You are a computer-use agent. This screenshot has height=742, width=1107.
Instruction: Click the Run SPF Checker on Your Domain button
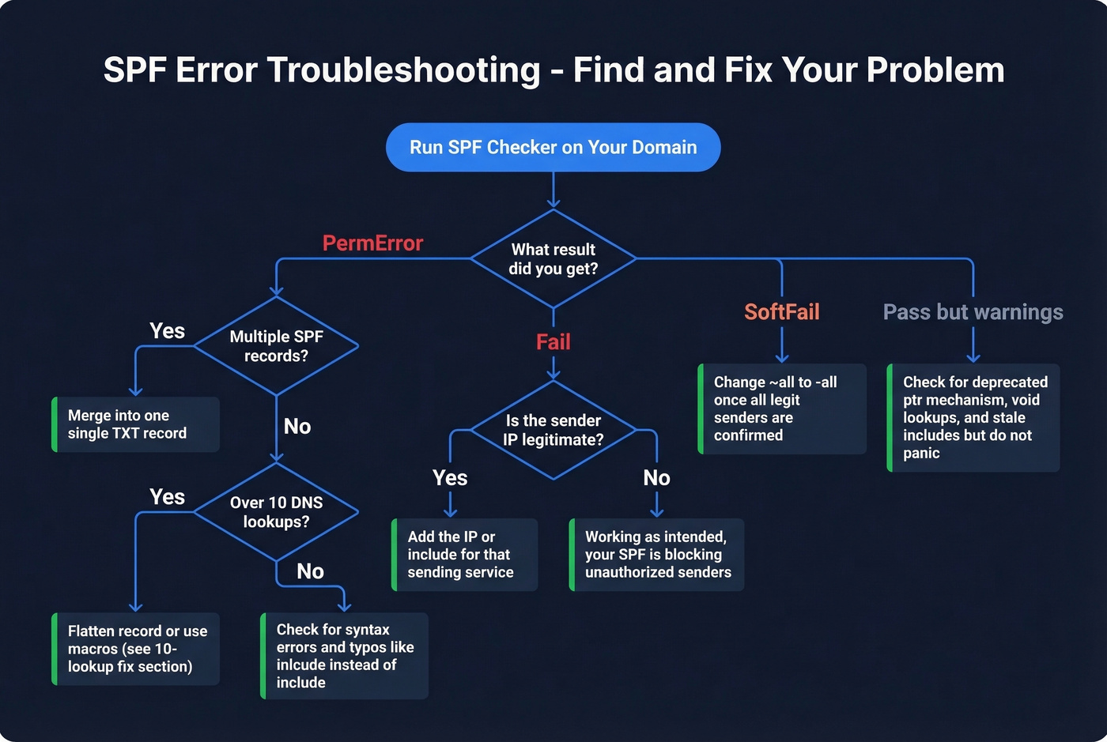point(553,148)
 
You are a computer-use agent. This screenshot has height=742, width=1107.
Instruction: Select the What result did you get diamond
point(553,259)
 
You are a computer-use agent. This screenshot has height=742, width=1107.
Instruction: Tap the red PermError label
point(372,243)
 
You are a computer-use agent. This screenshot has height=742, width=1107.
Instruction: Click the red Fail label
point(553,342)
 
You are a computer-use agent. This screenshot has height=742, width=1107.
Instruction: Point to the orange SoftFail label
point(781,312)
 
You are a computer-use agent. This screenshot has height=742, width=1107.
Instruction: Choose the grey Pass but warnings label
point(973,312)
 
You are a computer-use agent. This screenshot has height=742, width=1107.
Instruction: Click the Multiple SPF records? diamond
point(276,346)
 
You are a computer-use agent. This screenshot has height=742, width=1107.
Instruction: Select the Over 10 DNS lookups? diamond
point(276,512)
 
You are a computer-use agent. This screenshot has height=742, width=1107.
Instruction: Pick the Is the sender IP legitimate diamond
point(553,431)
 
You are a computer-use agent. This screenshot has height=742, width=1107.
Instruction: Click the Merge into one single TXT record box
point(135,424)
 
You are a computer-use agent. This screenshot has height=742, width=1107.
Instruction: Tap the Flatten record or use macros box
point(135,649)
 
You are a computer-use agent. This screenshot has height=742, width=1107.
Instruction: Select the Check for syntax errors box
point(345,656)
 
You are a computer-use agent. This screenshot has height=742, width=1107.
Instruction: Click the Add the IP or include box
point(465,555)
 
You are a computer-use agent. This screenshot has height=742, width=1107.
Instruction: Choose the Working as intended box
point(657,555)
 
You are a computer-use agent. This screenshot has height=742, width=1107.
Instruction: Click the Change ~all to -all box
point(782,409)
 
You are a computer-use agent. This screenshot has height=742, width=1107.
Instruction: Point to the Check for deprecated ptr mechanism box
point(973,417)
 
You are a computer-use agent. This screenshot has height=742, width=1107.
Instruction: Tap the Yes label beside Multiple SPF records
point(168,331)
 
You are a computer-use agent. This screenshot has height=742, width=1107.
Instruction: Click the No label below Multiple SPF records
point(297,427)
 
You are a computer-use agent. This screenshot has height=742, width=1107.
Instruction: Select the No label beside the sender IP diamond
point(656,478)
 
